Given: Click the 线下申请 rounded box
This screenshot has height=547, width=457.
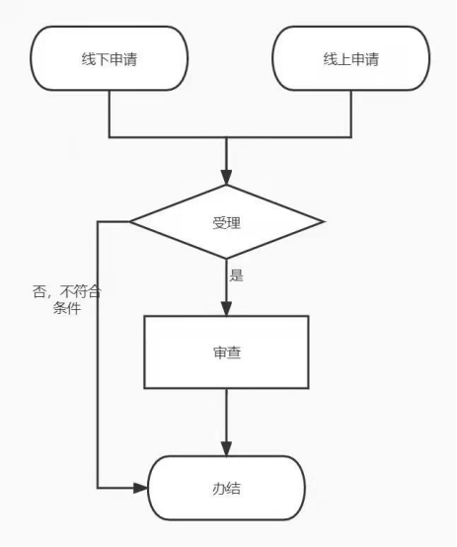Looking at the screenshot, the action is tap(110, 58).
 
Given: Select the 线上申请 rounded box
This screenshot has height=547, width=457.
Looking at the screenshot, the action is tap(351, 58).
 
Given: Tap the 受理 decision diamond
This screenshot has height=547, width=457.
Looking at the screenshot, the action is tap(226, 222).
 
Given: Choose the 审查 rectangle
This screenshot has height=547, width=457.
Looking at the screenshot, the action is tap(226, 352).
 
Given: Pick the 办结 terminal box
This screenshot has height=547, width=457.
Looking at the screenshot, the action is tap(226, 488).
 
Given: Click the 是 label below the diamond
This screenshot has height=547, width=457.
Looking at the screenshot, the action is tap(236, 275).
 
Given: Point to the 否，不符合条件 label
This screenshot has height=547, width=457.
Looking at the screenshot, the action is tap(67, 300).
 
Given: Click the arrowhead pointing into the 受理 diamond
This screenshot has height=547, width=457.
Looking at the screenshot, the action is tap(226, 178).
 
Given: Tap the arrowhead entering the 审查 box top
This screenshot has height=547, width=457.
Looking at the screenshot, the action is tap(226, 309).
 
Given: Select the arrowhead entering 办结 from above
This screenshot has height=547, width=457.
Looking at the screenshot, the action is tap(226, 449).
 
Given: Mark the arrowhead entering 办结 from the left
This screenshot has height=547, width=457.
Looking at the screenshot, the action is tap(141, 488).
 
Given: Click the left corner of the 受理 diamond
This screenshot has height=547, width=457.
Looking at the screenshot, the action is tap(130, 221).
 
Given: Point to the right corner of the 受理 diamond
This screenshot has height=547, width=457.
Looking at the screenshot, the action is tap(323, 221).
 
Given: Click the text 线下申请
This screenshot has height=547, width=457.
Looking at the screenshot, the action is tap(110, 59).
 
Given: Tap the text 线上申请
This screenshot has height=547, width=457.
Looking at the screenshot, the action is tap(351, 59).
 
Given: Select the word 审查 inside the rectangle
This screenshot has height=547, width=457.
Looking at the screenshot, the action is tap(227, 352).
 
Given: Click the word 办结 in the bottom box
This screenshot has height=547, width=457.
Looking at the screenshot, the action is tap(226, 489).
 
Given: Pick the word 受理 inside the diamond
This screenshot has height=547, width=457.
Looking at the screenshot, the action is tap(226, 223).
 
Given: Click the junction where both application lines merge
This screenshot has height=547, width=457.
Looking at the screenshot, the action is tap(226, 137).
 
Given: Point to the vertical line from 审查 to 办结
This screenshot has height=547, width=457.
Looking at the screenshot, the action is tap(226, 415).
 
